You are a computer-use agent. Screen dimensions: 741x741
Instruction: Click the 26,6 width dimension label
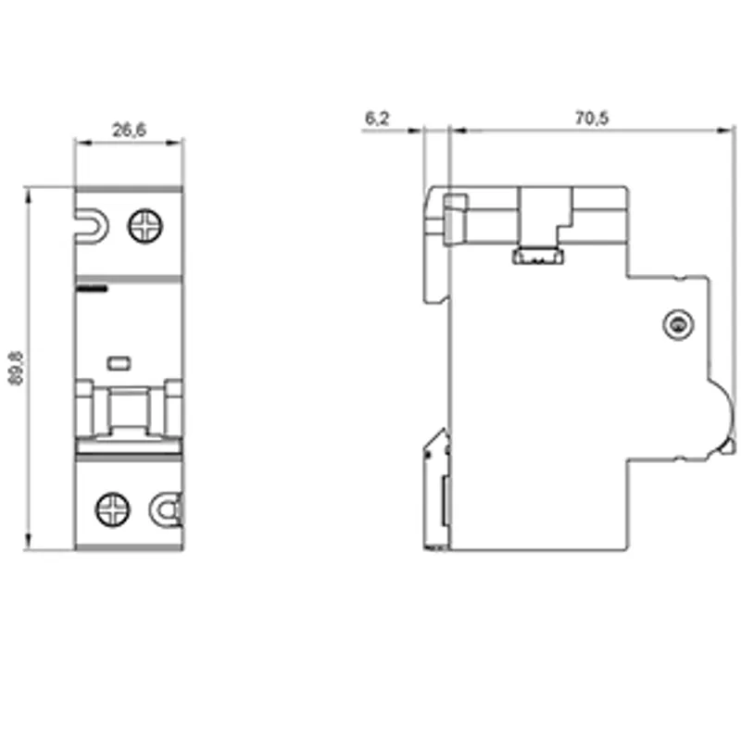click(129, 130)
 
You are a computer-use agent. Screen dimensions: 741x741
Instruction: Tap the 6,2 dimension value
click(377, 119)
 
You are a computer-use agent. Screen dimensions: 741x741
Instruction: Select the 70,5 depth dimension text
click(592, 119)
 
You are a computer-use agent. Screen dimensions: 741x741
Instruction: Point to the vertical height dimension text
click(16, 368)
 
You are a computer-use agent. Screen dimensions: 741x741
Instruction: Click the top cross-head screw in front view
click(145, 226)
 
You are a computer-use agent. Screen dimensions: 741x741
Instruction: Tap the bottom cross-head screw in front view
click(113, 510)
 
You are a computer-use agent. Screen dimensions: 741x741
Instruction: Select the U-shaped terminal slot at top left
click(92, 227)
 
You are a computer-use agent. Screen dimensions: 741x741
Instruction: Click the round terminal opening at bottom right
click(167, 510)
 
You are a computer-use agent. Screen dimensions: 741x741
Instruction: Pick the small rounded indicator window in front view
click(119, 363)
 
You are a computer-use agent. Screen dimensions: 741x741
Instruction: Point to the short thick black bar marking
click(92, 289)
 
